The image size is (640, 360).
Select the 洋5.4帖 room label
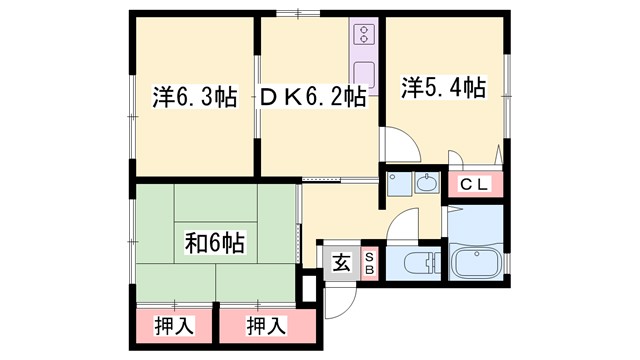click(444, 88)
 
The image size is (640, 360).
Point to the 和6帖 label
click(215, 242)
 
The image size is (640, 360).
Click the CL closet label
click(475, 184)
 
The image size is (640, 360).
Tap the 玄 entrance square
click(341, 264)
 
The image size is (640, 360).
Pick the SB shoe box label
click(368, 264)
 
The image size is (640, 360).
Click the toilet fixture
click(420, 265)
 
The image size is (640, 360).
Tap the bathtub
click(478, 263)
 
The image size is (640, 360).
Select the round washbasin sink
click(426, 183)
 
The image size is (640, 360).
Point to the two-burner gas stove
click(363, 37)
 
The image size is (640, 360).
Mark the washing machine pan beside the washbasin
click(397, 184)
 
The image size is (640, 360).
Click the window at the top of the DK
click(293, 13)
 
